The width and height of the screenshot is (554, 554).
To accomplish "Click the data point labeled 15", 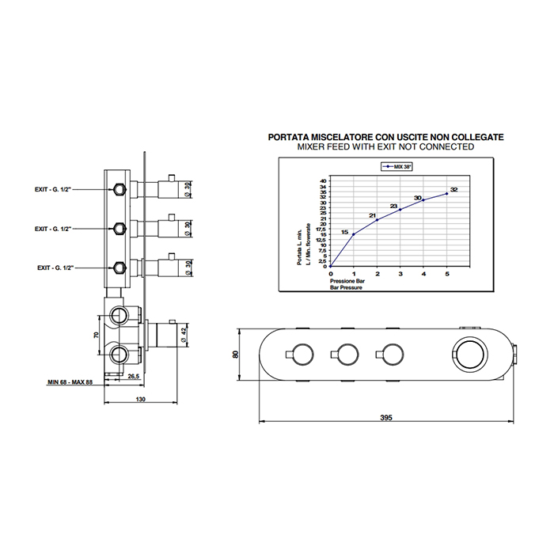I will [x=354, y=234].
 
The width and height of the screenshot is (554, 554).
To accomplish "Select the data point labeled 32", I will [x=446, y=193].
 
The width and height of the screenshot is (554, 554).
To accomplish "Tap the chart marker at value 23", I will [x=400, y=210].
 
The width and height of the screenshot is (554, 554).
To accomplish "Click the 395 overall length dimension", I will [x=385, y=416].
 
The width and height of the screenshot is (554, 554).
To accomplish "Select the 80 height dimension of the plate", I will [x=235, y=354].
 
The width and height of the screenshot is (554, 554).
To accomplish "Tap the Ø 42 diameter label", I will [x=184, y=334].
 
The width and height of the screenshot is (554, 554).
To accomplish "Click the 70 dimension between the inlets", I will [x=96, y=335].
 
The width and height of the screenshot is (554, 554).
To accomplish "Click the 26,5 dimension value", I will [x=134, y=377].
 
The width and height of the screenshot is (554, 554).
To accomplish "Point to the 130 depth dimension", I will [x=139, y=400].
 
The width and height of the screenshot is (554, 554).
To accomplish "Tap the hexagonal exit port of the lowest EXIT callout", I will [x=119, y=267].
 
